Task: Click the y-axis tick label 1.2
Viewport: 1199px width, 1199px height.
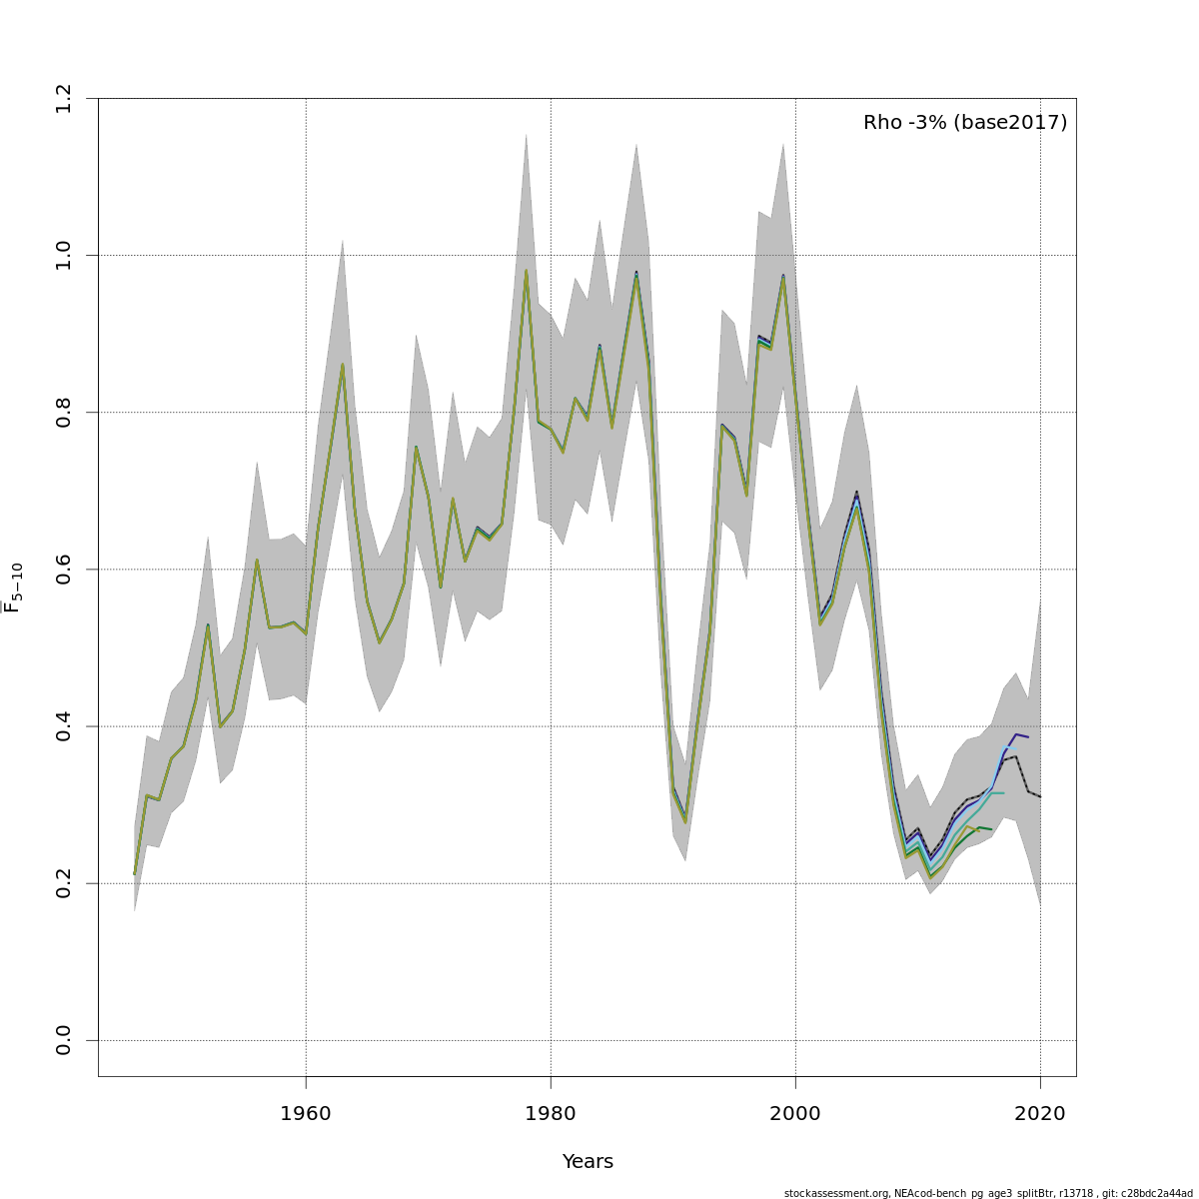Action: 64,98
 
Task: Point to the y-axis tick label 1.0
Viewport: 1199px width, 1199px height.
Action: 64,255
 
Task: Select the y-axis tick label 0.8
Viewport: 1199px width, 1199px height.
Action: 64,412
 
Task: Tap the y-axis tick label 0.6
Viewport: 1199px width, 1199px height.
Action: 64,569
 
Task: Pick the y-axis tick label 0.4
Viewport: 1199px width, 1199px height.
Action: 64,726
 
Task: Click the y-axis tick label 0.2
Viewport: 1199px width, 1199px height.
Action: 64,883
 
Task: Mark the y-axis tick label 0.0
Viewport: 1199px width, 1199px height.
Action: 64,1040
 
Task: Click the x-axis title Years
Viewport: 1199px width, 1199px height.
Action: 588,1162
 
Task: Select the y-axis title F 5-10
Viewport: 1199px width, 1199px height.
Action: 14,588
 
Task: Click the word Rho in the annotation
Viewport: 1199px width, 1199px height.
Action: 882,123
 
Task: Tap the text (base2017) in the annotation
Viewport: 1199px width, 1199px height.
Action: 1010,123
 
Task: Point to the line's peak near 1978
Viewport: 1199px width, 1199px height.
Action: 526,271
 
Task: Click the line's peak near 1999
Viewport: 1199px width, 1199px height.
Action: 783,276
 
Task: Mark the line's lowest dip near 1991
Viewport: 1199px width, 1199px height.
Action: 685,822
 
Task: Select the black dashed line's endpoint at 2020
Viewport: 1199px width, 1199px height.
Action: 1040,796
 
